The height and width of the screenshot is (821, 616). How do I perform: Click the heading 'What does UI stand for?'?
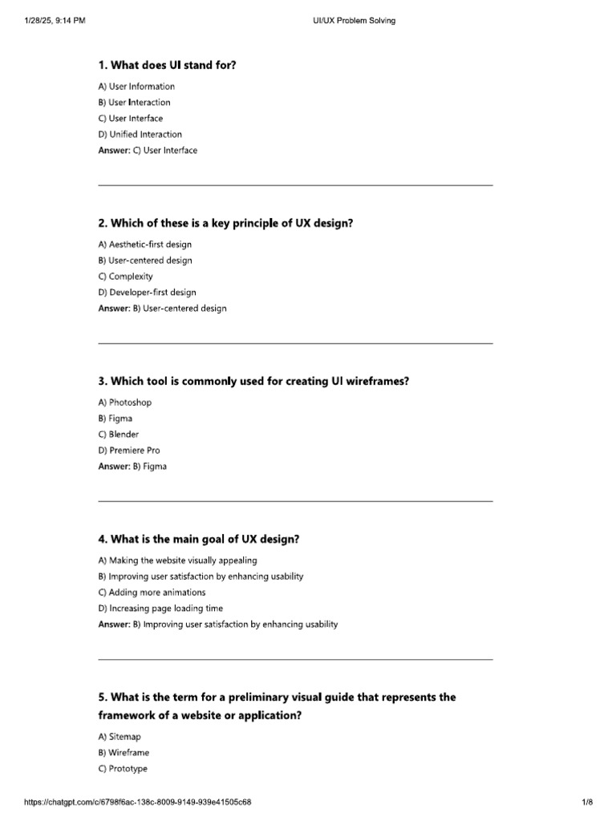click(168, 65)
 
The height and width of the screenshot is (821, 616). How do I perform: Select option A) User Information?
click(136, 87)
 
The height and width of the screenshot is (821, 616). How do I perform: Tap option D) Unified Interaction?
click(140, 135)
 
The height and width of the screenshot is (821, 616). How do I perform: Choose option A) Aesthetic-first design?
click(145, 245)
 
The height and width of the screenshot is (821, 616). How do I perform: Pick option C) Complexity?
click(126, 277)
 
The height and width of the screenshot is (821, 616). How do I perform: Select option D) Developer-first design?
click(148, 293)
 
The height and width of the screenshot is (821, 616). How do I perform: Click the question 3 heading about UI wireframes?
click(253, 381)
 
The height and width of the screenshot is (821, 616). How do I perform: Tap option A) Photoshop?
click(125, 402)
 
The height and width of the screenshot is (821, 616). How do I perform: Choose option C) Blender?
click(119, 435)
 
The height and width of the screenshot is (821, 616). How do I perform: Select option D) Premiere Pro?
click(129, 451)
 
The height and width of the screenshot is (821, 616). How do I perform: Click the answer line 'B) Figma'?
click(132, 467)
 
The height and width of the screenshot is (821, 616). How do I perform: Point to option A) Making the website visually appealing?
click(178, 560)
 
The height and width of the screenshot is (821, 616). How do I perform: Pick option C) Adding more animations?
click(152, 592)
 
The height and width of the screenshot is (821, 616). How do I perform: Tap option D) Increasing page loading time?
click(161, 609)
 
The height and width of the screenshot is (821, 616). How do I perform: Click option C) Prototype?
click(124, 769)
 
